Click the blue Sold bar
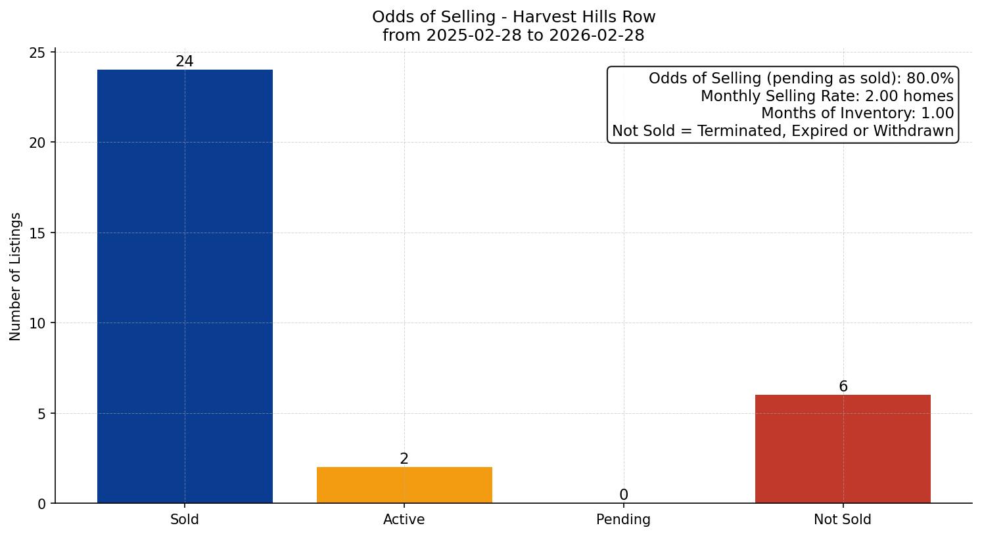pyautogui.click(x=185, y=286)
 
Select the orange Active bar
pyautogui.click(x=404, y=485)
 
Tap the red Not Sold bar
pyautogui.click(x=843, y=449)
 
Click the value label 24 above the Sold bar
pyautogui.click(x=185, y=62)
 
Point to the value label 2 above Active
pyautogui.click(x=404, y=459)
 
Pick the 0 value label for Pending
pyautogui.click(x=624, y=495)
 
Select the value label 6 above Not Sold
pyautogui.click(x=843, y=387)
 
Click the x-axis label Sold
pyautogui.click(x=185, y=520)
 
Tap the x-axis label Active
pyautogui.click(x=404, y=520)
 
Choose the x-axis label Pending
pyautogui.click(x=623, y=520)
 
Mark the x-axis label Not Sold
pyautogui.click(x=843, y=520)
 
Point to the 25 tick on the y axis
pyautogui.click(x=38, y=53)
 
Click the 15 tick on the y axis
pyautogui.click(x=38, y=233)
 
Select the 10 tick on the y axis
pyautogui.click(x=38, y=323)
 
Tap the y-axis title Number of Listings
pyautogui.click(x=16, y=277)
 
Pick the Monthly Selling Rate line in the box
pyautogui.click(x=827, y=96)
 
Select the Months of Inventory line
pyautogui.click(x=857, y=114)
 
